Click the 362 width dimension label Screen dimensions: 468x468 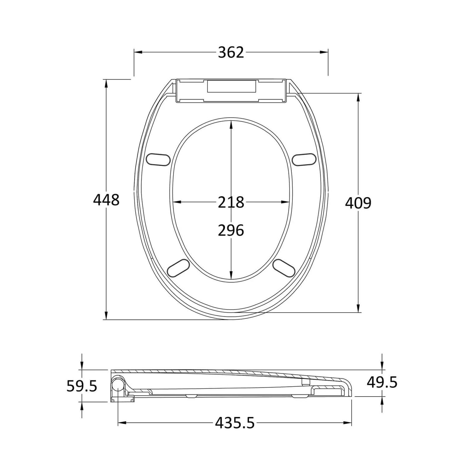(231, 52)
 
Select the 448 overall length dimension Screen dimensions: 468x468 (106, 200)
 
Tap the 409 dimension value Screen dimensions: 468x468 (358, 203)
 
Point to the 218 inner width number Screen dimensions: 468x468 (231, 202)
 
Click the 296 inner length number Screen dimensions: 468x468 (231, 231)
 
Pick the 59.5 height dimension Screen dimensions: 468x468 (82, 386)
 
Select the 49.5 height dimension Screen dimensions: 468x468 (382, 382)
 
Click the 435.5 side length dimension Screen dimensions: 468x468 (235, 423)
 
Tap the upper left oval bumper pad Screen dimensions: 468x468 (158, 159)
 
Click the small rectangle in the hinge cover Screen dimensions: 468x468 (232, 86)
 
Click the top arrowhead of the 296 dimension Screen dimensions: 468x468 (231, 124)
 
